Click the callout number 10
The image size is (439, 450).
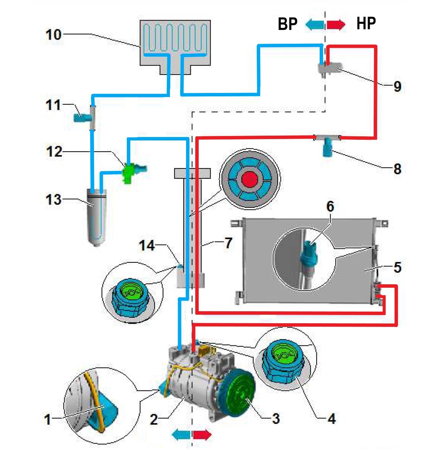pyautogui.click(x=53, y=35)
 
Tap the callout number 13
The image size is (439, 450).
pyautogui.click(x=53, y=200)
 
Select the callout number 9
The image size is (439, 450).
pyautogui.click(x=397, y=86)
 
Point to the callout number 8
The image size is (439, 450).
pyautogui.click(x=397, y=168)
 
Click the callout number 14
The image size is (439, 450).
pyautogui.click(x=147, y=245)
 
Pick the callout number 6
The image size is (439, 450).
pyautogui.click(x=330, y=206)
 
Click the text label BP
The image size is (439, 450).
pyautogui.click(x=288, y=24)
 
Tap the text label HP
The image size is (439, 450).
pyautogui.click(x=366, y=23)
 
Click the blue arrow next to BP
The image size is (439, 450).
pyautogui.click(x=315, y=24)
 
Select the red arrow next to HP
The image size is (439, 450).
pyautogui.click(x=336, y=24)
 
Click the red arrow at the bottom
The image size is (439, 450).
pyautogui.click(x=202, y=435)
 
